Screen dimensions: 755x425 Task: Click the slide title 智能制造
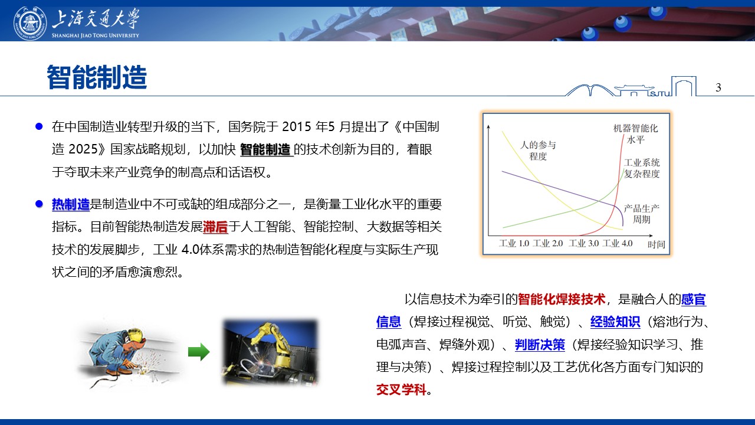pos(97,77)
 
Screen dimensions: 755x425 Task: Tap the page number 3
pos(718,87)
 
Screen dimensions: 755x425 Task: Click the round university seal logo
pos(30,23)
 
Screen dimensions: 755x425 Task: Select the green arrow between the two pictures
pos(199,352)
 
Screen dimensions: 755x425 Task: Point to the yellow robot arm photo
pos(270,352)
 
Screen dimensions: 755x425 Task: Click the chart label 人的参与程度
pos(538,151)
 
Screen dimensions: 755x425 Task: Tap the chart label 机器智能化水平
pos(635,133)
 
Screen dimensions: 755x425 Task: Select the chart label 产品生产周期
pos(641,214)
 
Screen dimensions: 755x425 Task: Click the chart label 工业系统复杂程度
pos(642,168)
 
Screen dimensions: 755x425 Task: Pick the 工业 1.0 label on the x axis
pos(514,243)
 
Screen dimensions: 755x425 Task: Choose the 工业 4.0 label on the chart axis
pos(618,243)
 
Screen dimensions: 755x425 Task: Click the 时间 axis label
pos(656,244)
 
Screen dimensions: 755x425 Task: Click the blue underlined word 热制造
pos(71,204)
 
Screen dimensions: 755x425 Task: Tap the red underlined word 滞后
pos(215,227)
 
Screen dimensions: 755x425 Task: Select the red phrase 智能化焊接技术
pos(562,299)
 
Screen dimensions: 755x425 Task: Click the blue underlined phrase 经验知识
pos(615,322)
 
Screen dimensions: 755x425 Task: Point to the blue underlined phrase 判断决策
pos(540,345)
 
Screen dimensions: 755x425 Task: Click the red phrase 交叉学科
pos(402,390)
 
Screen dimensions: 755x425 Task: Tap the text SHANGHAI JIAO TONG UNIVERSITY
pos(96,35)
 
